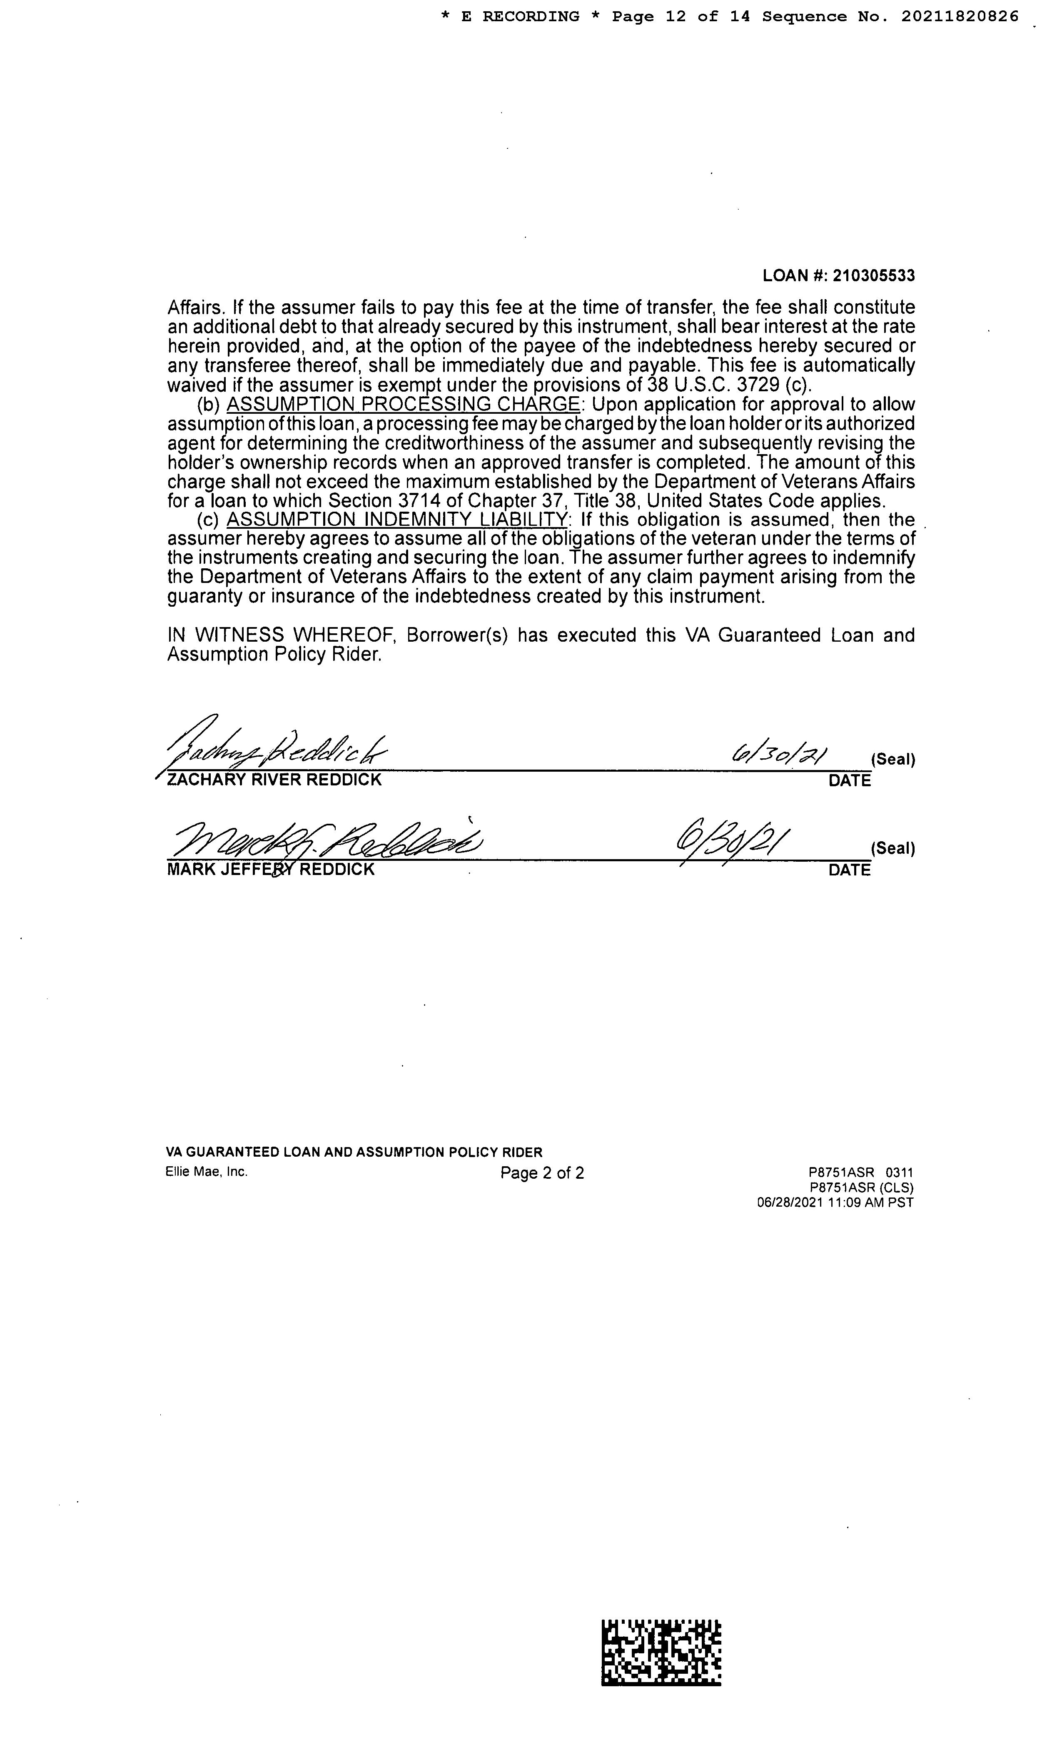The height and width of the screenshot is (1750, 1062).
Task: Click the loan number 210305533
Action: click(x=873, y=275)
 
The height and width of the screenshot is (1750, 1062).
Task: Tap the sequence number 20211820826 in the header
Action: click(x=960, y=16)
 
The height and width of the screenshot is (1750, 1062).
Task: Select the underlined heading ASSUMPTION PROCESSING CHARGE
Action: click(x=402, y=404)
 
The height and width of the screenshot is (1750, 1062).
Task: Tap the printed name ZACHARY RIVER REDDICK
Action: click(x=274, y=780)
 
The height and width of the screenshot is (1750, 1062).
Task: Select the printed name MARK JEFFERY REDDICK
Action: click(x=270, y=869)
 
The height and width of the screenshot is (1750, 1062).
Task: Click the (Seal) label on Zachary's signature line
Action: click(x=892, y=759)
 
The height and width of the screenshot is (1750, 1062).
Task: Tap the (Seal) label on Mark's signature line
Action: click(x=892, y=848)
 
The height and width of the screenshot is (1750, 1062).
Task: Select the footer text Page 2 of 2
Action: click(x=542, y=1172)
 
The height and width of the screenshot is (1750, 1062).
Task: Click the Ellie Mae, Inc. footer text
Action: click(x=207, y=1172)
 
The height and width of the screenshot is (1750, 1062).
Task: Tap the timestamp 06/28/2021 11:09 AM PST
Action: click(x=835, y=1202)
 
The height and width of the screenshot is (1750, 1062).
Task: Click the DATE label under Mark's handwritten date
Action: click(x=849, y=870)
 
